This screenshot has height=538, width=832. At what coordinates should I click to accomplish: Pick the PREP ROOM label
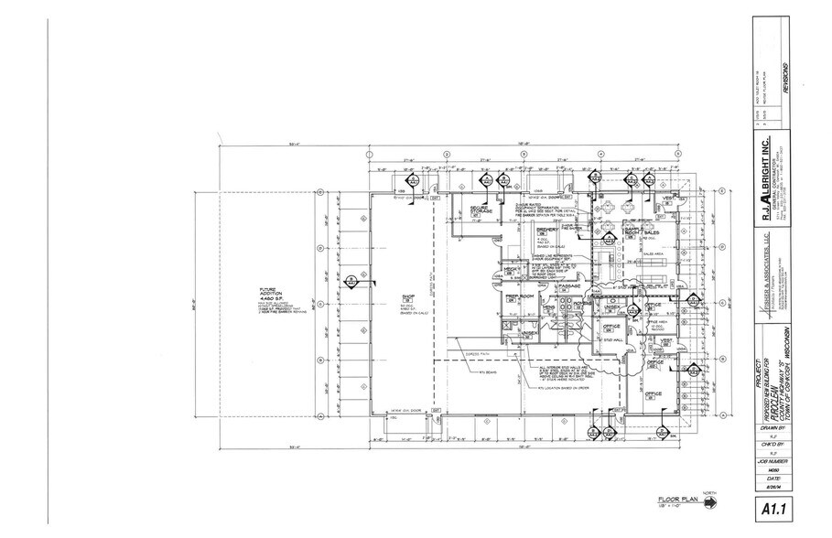pos(518,296)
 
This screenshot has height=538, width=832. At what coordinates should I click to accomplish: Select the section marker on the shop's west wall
pos(351,279)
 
